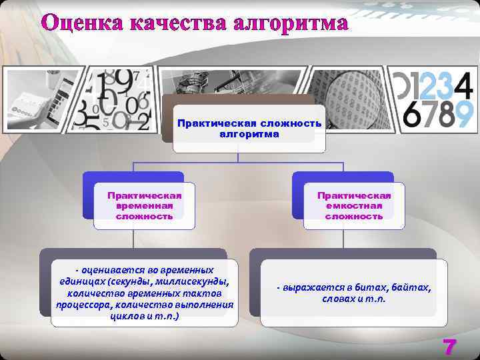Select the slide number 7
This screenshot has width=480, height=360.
pos(450,347)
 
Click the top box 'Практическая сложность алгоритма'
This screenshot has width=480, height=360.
pos(249,129)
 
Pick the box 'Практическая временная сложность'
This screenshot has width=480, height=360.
pos(144,206)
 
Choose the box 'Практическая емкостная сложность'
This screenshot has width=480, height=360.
pos(354,206)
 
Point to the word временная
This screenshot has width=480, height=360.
pos(144,206)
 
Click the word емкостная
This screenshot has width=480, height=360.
pos(354,206)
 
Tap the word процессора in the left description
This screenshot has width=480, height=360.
pos(83,305)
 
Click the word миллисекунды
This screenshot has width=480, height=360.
pos(197,282)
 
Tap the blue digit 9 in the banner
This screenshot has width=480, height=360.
pos(463,115)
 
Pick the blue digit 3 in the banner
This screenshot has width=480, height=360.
pos(445,84)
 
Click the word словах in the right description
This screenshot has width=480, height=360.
pos(339,299)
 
